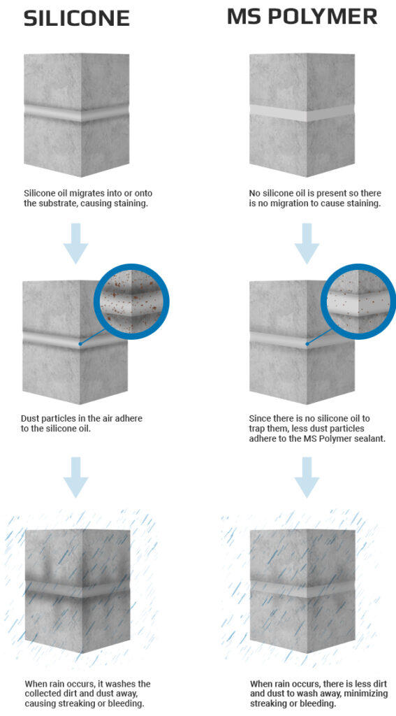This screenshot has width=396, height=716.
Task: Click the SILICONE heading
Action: pyautogui.click(x=77, y=17)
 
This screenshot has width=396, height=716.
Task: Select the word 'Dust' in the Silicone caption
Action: pyautogui.click(x=31, y=419)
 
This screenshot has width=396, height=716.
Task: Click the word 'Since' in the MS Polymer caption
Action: pyautogui.click(x=261, y=419)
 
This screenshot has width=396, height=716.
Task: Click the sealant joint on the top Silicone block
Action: pyautogui.click(x=76, y=113)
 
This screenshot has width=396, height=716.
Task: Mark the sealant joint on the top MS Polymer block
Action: pyautogui.click(x=302, y=113)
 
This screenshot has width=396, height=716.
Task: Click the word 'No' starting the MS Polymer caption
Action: pyautogui.click(x=256, y=194)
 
